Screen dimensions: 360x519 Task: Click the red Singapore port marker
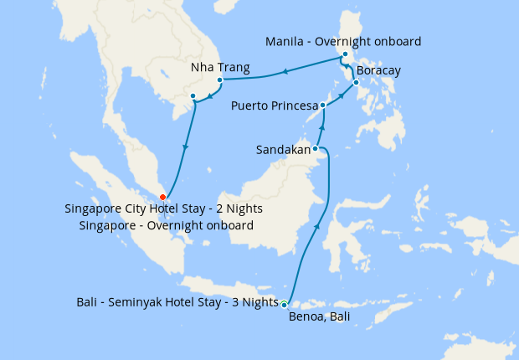[x=162, y=197]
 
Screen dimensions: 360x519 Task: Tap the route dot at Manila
[x=345, y=55]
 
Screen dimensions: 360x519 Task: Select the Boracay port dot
[x=356, y=83]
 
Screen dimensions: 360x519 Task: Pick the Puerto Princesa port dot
[x=323, y=105]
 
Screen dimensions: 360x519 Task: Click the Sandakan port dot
[x=315, y=149]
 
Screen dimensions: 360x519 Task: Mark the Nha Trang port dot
[x=219, y=81]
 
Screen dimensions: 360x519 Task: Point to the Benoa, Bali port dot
[x=285, y=304]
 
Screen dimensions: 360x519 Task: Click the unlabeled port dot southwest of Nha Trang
[x=193, y=96]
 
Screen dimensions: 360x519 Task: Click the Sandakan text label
[x=283, y=151]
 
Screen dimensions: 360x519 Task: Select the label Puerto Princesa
[x=275, y=106]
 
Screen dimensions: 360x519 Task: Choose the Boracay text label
[x=379, y=70]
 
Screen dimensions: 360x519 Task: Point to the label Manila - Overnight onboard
[x=342, y=41]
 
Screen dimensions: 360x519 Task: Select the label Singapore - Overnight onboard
[x=167, y=225]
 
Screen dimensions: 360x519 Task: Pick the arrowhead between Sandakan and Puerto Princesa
[x=321, y=129]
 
